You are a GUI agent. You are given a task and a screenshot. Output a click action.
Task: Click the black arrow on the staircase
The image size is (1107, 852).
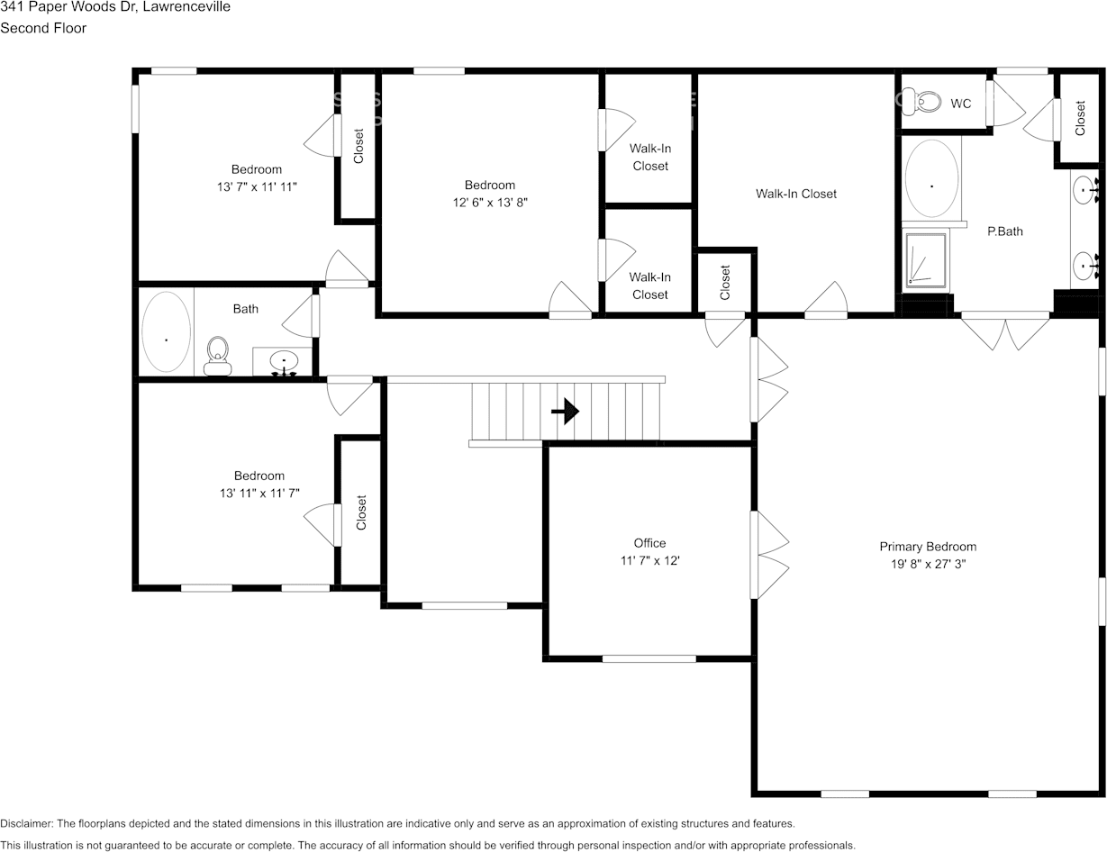click(565, 412)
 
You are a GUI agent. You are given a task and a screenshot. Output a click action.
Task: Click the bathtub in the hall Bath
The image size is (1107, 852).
click(167, 331)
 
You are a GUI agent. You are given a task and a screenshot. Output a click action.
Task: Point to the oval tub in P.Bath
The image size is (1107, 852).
click(931, 178)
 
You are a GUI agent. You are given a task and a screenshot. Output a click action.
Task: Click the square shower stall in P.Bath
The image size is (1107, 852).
click(925, 259)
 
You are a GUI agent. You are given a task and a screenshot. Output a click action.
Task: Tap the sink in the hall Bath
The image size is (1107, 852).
click(284, 362)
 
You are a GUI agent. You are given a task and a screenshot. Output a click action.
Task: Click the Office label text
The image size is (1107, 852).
click(649, 543)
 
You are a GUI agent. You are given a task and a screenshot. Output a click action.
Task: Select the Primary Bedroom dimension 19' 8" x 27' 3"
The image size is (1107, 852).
click(928, 565)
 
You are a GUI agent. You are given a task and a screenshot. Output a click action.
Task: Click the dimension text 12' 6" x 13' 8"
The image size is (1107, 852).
click(490, 204)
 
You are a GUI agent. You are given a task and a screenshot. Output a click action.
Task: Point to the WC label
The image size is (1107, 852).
click(961, 104)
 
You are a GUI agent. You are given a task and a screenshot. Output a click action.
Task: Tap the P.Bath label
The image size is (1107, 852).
click(1004, 231)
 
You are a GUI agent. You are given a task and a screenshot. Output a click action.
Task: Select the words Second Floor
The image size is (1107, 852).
click(43, 28)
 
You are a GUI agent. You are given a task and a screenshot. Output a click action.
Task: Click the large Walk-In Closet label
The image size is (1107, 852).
click(795, 194)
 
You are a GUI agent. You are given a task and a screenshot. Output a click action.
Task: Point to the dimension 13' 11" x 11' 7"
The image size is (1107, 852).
click(259, 494)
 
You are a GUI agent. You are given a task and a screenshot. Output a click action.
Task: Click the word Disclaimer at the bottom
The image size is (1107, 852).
click(26, 824)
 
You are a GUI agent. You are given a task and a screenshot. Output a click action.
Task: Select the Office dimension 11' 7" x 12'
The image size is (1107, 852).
click(649, 561)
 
